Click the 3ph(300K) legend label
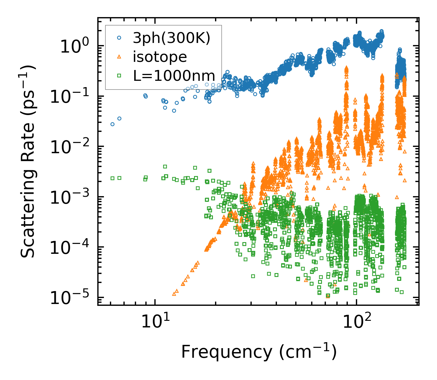(x=172, y=38)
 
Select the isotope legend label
(x=160, y=57)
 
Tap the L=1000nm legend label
(x=174, y=76)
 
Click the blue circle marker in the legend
(x=119, y=38)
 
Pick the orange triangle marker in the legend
(x=119, y=57)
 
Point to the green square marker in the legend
(x=119, y=76)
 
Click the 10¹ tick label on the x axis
(x=154, y=321)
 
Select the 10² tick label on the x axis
(x=356, y=321)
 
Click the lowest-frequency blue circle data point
(x=113, y=124)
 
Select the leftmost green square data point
(x=113, y=178)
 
